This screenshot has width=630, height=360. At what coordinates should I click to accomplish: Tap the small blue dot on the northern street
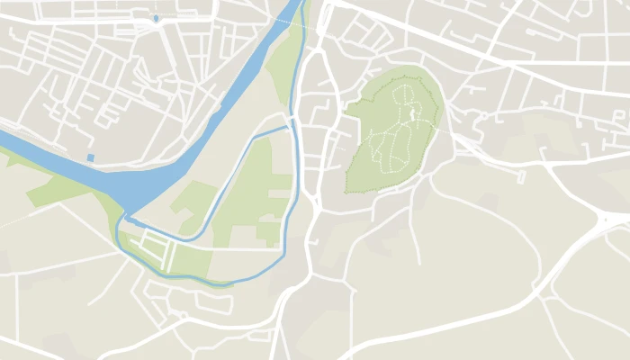tap(156, 18)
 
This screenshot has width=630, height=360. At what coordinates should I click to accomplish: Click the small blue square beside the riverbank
tap(90, 157)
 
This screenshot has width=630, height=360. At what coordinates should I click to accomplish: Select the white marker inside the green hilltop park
tap(413, 113)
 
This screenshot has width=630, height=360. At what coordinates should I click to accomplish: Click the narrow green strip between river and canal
tap(286, 63)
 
